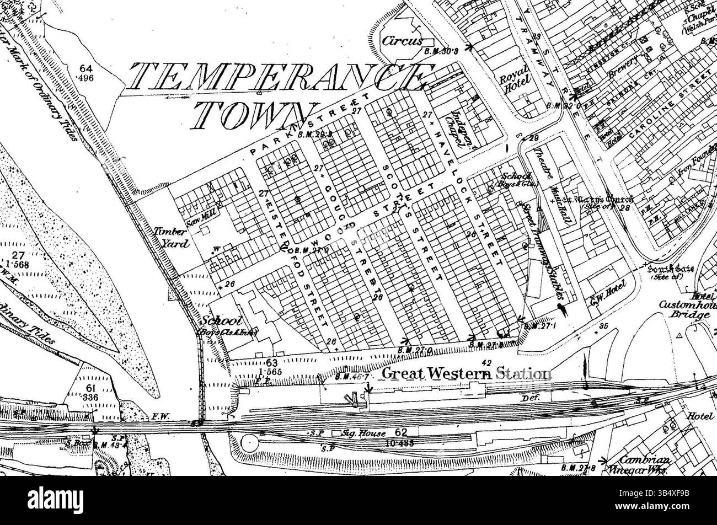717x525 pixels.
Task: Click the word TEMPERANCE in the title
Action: tap(276, 77)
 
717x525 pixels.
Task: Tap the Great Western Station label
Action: tap(466, 373)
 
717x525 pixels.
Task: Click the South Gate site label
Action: tap(666, 272)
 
